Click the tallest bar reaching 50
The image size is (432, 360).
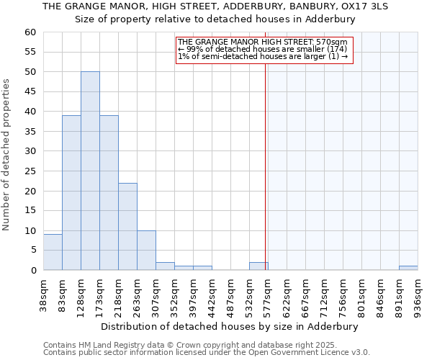click(x=90, y=171)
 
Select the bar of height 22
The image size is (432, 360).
click(x=127, y=227)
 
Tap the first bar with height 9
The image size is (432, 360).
click(x=53, y=252)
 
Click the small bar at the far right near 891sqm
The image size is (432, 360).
click(x=408, y=268)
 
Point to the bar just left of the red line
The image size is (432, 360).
click(x=258, y=266)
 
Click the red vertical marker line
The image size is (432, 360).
click(x=266, y=180)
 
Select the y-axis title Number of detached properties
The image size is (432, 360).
click(x=7, y=155)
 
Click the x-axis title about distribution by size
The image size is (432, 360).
click(x=229, y=326)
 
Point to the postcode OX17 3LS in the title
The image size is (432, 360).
click(x=363, y=6)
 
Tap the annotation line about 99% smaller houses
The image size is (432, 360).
click(x=262, y=49)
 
